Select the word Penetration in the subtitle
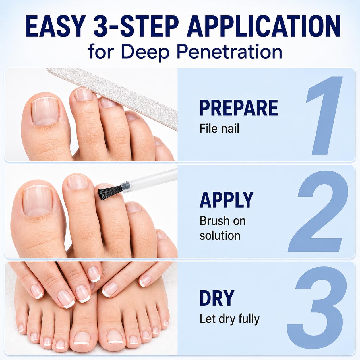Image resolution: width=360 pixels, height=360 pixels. (229, 52)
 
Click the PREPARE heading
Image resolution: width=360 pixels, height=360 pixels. (239, 108)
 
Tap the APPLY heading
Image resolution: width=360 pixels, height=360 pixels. (227, 200)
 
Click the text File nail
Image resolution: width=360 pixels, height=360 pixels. (219, 129)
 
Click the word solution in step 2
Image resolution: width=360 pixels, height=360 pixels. (220, 235)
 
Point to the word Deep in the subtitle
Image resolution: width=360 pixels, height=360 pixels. (148, 52)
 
